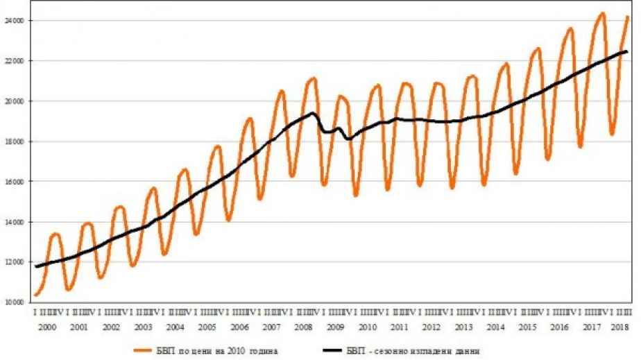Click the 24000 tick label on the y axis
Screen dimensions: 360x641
[x=15, y=21]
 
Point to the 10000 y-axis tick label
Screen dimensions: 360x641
[x=15, y=302]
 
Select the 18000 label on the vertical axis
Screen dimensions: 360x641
[x=15, y=142]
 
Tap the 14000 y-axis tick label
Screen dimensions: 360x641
[x=15, y=222]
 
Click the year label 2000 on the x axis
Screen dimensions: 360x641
[x=46, y=327]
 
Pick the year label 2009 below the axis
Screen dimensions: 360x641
[x=336, y=327]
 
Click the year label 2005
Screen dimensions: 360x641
[x=207, y=327]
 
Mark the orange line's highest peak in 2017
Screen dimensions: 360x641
[x=602, y=13]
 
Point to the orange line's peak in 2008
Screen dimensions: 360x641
[x=314, y=78]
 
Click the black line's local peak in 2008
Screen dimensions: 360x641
[x=313, y=113]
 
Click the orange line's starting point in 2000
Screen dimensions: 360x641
[x=36, y=295]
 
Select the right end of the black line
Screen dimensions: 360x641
[x=627, y=51]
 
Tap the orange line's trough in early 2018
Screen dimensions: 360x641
[x=612, y=134]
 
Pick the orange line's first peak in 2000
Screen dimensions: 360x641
[x=56, y=234]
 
